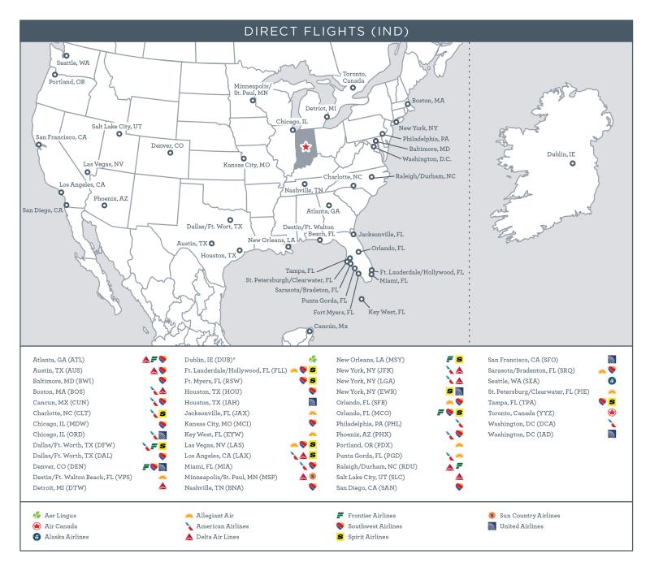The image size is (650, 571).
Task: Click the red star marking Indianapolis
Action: tap(305, 147)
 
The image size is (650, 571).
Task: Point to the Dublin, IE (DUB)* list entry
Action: tap(210, 358)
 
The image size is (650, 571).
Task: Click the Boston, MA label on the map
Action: tap(428, 101)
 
